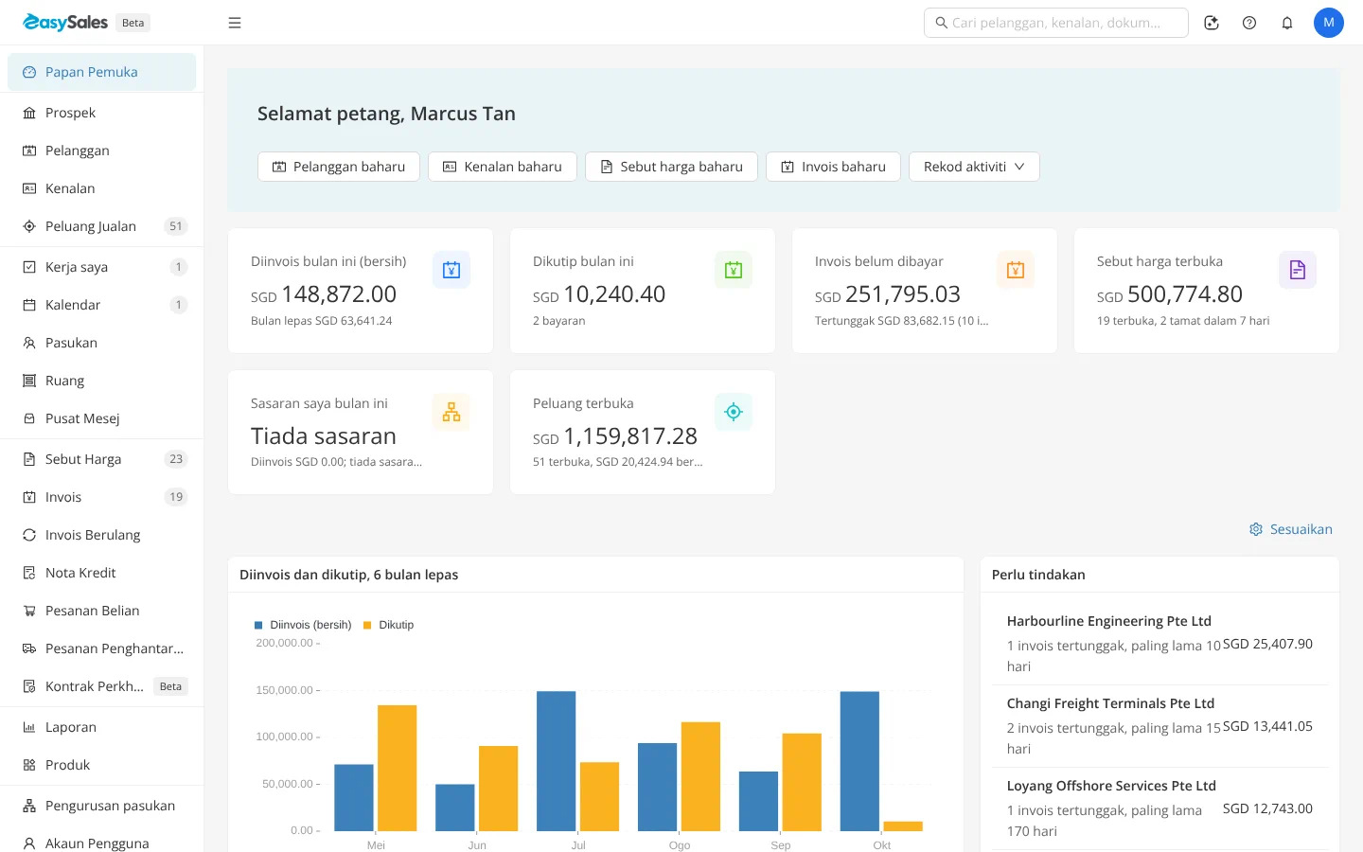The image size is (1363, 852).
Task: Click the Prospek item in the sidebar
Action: tap(70, 113)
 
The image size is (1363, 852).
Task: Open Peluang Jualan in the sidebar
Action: tap(91, 226)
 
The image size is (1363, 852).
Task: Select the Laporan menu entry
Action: tap(71, 727)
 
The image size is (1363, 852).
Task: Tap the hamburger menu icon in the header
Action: tap(235, 23)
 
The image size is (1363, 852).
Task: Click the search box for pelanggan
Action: tap(1055, 23)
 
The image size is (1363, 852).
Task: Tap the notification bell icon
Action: tap(1287, 23)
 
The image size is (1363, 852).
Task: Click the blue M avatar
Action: tap(1328, 23)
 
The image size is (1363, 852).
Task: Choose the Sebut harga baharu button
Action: tap(671, 167)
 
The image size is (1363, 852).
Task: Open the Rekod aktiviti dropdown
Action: tap(974, 167)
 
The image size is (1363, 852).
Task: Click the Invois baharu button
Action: tap(833, 167)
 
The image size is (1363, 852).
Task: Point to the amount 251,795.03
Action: tap(902, 294)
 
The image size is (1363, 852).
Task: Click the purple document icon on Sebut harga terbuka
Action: tap(1298, 270)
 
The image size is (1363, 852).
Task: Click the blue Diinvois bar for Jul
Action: tap(557, 761)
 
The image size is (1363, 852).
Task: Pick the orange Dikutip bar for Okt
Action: tap(903, 825)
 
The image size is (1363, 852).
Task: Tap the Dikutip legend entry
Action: tap(388, 625)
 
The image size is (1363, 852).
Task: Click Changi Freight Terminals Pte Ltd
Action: tap(1110, 703)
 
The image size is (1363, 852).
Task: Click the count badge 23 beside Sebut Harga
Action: tap(176, 459)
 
